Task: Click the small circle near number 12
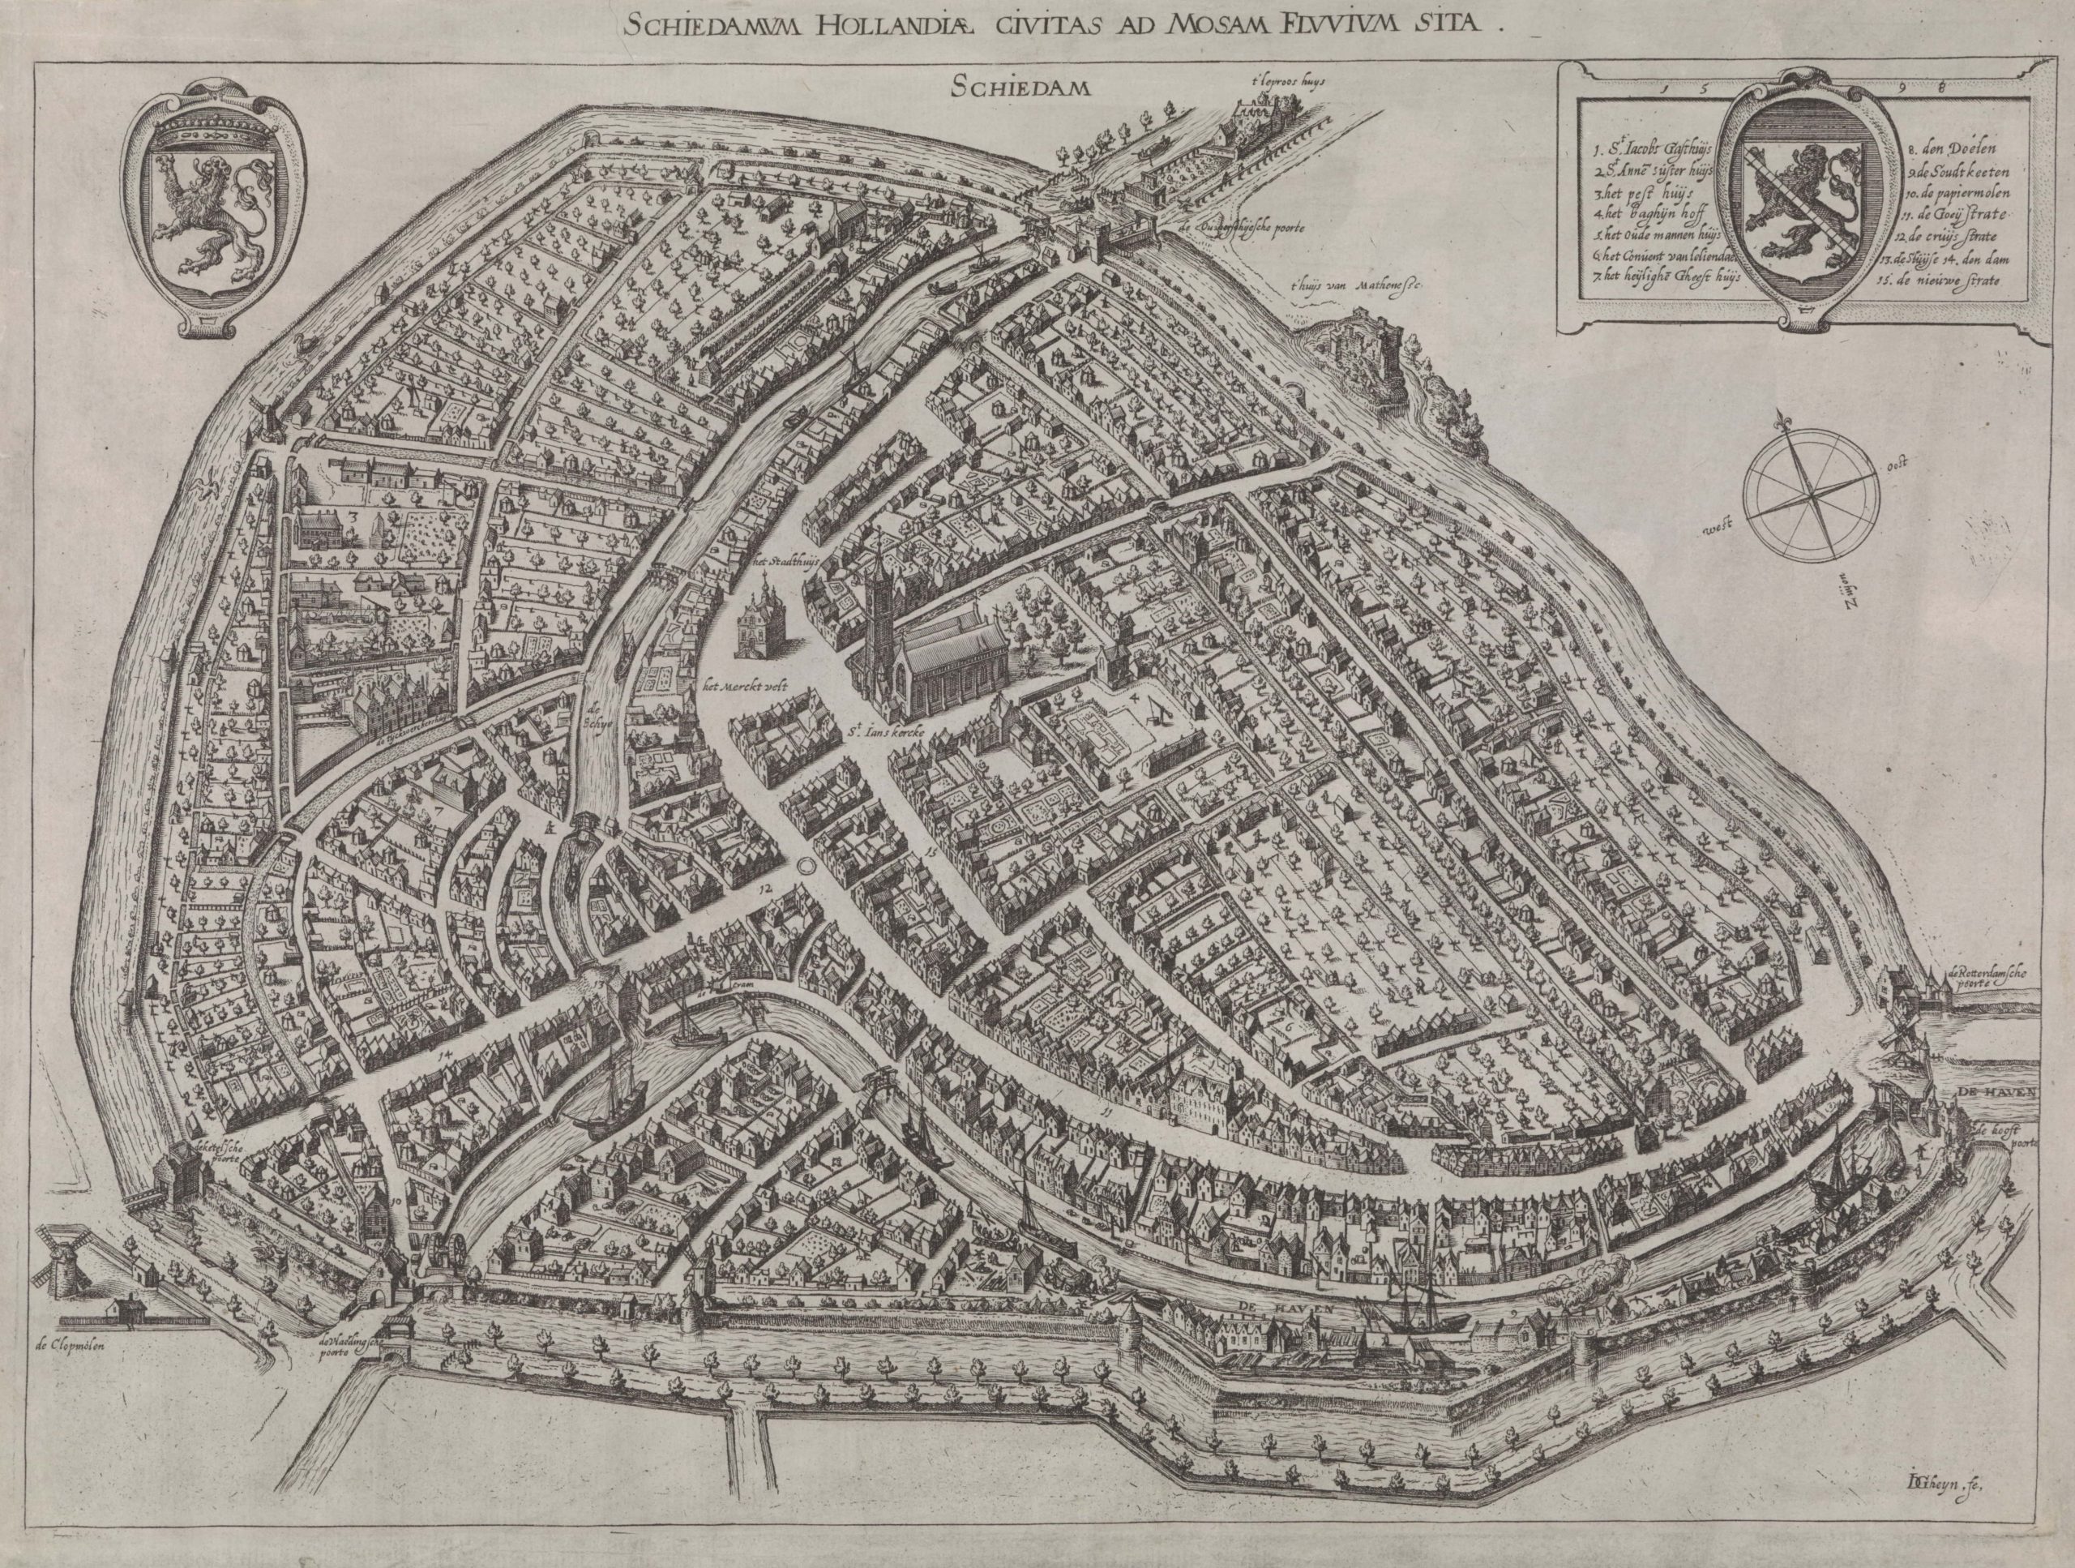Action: click(805, 869)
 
